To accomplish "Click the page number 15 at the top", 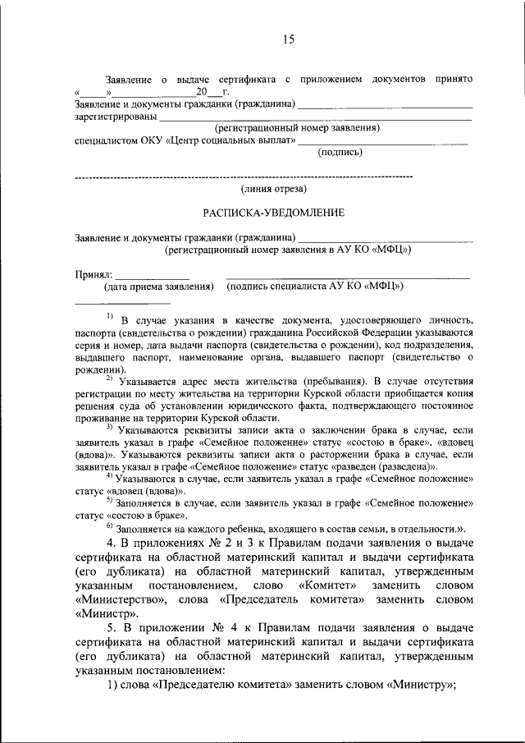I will (x=288, y=39).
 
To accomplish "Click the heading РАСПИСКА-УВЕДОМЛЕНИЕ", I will (x=273, y=213).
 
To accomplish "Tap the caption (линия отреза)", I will (x=274, y=189).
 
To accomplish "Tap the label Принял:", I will (x=93, y=273).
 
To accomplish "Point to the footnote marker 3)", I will (x=109, y=428).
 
